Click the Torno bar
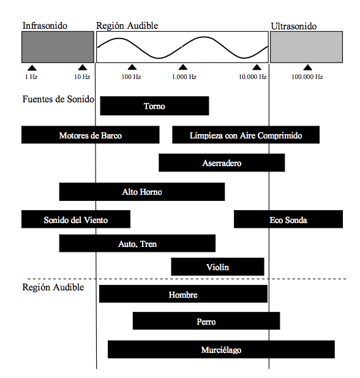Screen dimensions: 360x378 tap(154, 106)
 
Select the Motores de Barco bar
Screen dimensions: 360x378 tap(91, 135)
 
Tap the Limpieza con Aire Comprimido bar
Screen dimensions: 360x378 tap(246, 135)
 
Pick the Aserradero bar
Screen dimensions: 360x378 tap(222, 163)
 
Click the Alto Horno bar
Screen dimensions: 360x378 tap(142, 192)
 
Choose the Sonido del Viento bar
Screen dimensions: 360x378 tap(76, 219)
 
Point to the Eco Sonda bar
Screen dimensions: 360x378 tap(288, 219)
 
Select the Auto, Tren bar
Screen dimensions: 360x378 tap(137, 243)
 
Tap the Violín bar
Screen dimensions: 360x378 tap(217, 266)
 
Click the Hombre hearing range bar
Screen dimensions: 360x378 tap(184, 294)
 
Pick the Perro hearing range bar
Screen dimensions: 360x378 tap(206, 321)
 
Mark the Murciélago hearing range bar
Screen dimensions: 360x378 tap(221, 349)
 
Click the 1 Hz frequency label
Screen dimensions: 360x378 tap(31, 77)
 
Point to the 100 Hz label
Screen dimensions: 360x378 tap(131, 77)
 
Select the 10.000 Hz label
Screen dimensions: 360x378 tap(252, 77)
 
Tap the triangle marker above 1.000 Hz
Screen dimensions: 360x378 tap(183, 67)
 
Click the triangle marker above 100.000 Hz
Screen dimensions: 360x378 tap(307, 67)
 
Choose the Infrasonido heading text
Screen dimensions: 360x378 tap(45, 26)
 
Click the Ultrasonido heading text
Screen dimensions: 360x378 tap(294, 26)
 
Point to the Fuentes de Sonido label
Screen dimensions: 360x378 tap(58, 99)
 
